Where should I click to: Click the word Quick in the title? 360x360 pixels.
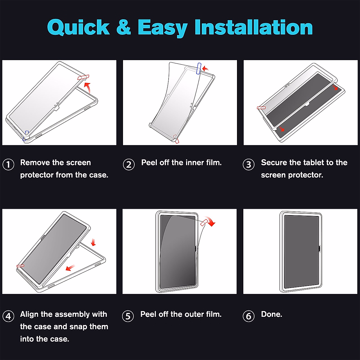79,28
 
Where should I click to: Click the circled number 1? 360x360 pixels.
8,165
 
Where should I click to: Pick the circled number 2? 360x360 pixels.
129,165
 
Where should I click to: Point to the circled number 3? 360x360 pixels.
248,165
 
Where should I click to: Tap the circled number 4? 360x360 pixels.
8,316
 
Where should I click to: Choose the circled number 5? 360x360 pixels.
128,316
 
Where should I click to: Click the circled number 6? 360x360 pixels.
248,316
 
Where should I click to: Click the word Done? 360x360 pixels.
271,314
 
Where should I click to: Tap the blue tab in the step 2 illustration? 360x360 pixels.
199,69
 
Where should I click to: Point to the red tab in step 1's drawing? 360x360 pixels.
83,77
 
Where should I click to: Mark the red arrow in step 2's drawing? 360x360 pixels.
205,69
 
